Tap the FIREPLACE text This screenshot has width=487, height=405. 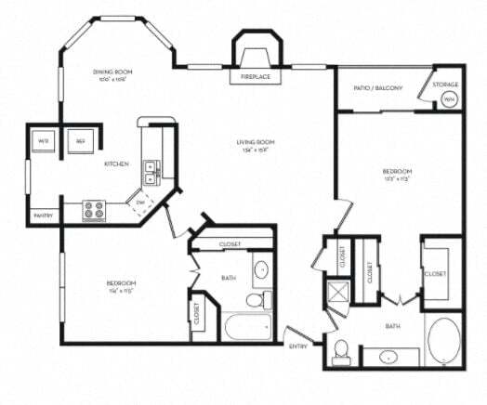[x=256, y=76]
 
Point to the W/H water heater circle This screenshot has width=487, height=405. [x=449, y=98]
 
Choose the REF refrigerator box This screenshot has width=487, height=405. [x=81, y=141]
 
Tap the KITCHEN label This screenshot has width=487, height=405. [x=115, y=164]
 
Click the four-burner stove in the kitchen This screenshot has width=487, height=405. [x=95, y=210]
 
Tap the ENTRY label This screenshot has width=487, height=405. [x=298, y=346]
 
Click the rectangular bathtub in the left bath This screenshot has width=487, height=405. [x=246, y=327]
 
